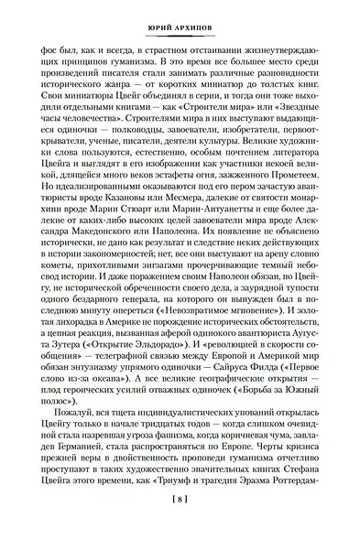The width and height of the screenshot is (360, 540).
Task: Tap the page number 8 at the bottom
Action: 180,524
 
